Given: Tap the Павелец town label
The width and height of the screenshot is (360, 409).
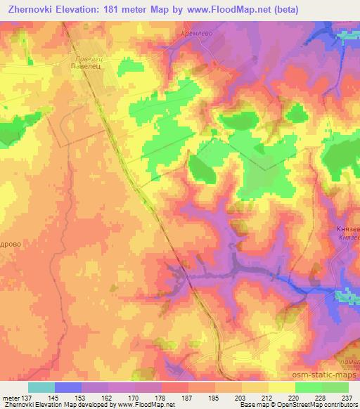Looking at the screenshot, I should [87, 66].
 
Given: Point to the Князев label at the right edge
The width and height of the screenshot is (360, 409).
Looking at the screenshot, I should [348, 229].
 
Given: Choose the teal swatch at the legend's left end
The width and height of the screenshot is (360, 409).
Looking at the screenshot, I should [41, 387].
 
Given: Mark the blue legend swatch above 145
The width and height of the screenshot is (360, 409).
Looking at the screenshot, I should [67, 387].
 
